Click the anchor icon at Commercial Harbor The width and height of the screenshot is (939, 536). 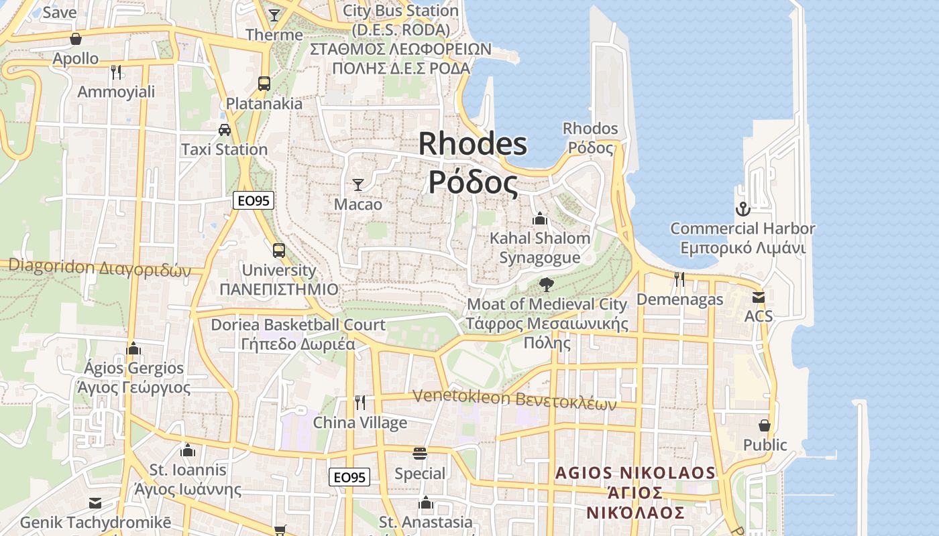[x=742, y=209]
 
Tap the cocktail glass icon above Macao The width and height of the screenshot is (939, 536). [x=358, y=184]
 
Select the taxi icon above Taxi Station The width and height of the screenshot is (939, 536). [x=225, y=129]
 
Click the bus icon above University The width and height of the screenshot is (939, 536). [x=279, y=251]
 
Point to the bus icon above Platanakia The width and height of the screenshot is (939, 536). [x=264, y=84]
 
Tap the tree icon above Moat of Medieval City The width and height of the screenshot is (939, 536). [x=547, y=284]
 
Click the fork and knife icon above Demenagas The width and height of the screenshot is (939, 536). [x=679, y=279]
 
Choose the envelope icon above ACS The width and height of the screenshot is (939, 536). [x=759, y=297]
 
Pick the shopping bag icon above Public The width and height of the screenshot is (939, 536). [x=765, y=425]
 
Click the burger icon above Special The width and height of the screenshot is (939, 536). [x=420, y=454]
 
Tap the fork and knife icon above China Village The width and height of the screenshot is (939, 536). [x=360, y=403]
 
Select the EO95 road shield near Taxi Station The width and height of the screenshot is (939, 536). [x=254, y=200]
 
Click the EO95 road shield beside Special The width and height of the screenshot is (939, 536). [x=349, y=477]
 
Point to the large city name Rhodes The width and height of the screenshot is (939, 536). [x=473, y=144]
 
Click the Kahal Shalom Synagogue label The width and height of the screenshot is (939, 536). [x=540, y=247]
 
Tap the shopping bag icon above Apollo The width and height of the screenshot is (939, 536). [x=76, y=39]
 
